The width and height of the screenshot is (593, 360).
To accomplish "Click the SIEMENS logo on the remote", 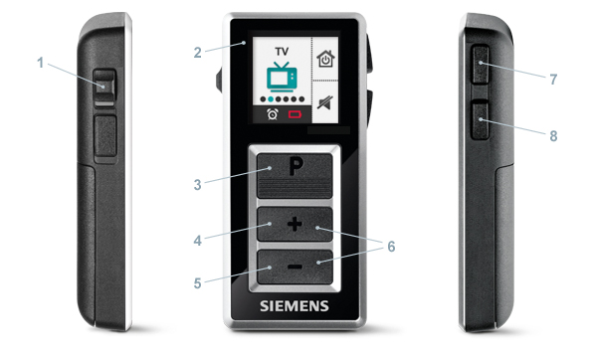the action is (x=295, y=306).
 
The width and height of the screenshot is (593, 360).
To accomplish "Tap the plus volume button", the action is (x=295, y=224).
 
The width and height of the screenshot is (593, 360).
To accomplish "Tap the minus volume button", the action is (x=295, y=267).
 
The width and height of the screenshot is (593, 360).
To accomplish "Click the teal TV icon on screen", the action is (x=282, y=77).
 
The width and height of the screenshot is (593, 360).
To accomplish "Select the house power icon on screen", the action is (x=325, y=59).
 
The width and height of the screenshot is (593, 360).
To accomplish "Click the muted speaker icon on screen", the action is (x=325, y=102).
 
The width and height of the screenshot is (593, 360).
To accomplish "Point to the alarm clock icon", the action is (x=273, y=113).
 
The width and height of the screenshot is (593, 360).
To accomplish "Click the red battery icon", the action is (x=295, y=113).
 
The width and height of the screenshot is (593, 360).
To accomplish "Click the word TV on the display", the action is (x=282, y=51).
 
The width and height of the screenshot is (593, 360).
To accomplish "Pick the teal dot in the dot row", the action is (x=271, y=99).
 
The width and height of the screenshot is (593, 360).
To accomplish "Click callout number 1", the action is (x=41, y=63).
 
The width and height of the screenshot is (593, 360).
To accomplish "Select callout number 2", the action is (x=197, y=53).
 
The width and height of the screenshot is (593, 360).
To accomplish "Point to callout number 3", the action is (x=197, y=185).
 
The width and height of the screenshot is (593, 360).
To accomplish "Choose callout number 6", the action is (x=391, y=247).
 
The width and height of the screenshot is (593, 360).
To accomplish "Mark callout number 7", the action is (x=553, y=80).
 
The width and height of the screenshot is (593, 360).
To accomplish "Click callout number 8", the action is (x=553, y=136).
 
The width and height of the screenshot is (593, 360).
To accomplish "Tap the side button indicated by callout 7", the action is (x=480, y=65).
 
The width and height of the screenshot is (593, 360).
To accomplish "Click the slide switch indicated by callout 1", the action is (x=104, y=88).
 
